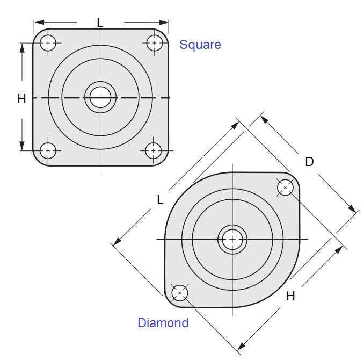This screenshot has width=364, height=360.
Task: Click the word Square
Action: point(200,45)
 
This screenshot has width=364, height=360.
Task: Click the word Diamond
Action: point(163,323)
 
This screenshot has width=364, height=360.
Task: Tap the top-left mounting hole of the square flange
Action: point(48,42)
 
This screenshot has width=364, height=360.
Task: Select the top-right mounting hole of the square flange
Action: point(155,42)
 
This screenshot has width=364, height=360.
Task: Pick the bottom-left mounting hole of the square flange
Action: point(48,151)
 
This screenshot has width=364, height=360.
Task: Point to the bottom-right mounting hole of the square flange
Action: point(154,151)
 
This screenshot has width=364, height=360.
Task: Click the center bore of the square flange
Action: point(100,97)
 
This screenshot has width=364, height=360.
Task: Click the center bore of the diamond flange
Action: point(232,239)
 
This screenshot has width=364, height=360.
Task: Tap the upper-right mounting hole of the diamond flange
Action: point(285,188)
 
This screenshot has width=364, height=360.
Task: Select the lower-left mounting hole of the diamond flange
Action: point(179,293)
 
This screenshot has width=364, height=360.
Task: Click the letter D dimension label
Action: point(309,161)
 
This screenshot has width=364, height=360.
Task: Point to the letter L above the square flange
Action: point(100,22)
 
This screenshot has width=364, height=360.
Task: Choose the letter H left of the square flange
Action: point(21,99)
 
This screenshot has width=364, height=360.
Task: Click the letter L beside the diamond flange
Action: point(160,200)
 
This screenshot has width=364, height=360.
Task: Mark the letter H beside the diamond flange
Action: point(290,296)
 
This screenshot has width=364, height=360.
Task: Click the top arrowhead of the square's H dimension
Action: point(22,48)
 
